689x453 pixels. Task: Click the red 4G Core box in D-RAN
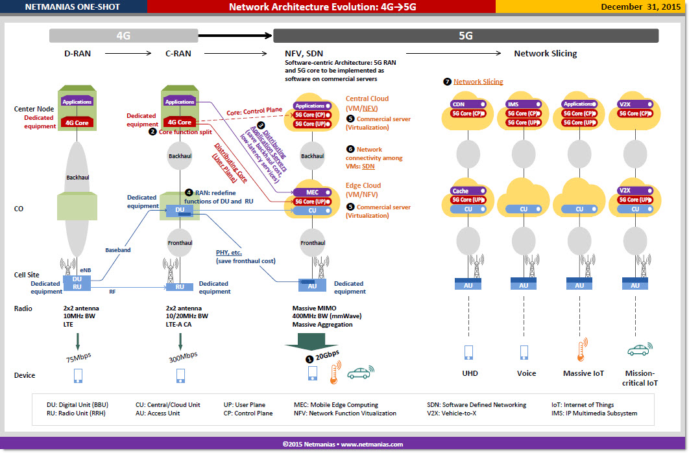(x=77, y=123)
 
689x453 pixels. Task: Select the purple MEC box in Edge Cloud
(x=313, y=192)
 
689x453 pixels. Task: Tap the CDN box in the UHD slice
(x=468, y=104)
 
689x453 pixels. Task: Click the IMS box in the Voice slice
(x=524, y=104)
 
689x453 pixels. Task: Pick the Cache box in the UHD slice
(x=468, y=191)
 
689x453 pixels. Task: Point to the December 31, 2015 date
(x=640, y=6)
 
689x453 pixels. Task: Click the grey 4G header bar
(x=123, y=36)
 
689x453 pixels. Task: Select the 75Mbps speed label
(x=79, y=357)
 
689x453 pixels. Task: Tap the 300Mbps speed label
(x=183, y=357)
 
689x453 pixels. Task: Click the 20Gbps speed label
(x=328, y=354)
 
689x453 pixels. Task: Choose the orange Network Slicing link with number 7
(x=478, y=82)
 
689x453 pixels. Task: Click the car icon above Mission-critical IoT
(x=640, y=349)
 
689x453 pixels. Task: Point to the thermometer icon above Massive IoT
(x=582, y=350)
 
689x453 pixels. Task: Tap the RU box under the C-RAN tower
(x=180, y=287)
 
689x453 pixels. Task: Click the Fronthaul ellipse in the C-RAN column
(x=180, y=243)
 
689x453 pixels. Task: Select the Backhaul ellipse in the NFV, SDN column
(x=313, y=156)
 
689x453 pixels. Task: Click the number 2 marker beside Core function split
(x=152, y=132)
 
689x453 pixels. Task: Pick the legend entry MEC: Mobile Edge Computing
(x=335, y=404)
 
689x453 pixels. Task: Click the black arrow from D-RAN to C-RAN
(x=128, y=54)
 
